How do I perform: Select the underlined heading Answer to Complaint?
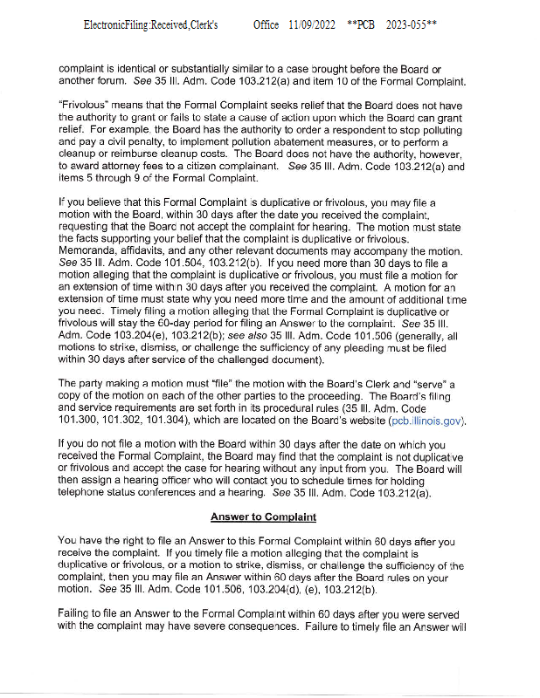(x=263, y=517)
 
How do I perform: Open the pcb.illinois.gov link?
(x=426, y=422)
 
